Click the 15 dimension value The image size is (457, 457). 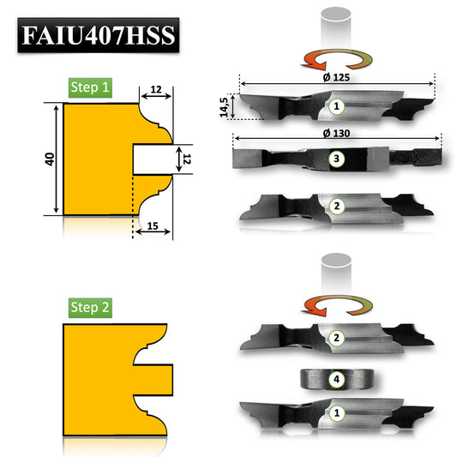(x=151, y=225)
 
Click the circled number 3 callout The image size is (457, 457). (x=336, y=159)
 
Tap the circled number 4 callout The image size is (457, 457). (x=336, y=377)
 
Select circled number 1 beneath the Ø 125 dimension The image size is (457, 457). (x=336, y=106)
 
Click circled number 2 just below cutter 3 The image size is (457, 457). (x=336, y=206)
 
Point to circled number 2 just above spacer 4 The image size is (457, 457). (x=336, y=338)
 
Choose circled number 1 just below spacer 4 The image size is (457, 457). (x=336, y=413)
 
